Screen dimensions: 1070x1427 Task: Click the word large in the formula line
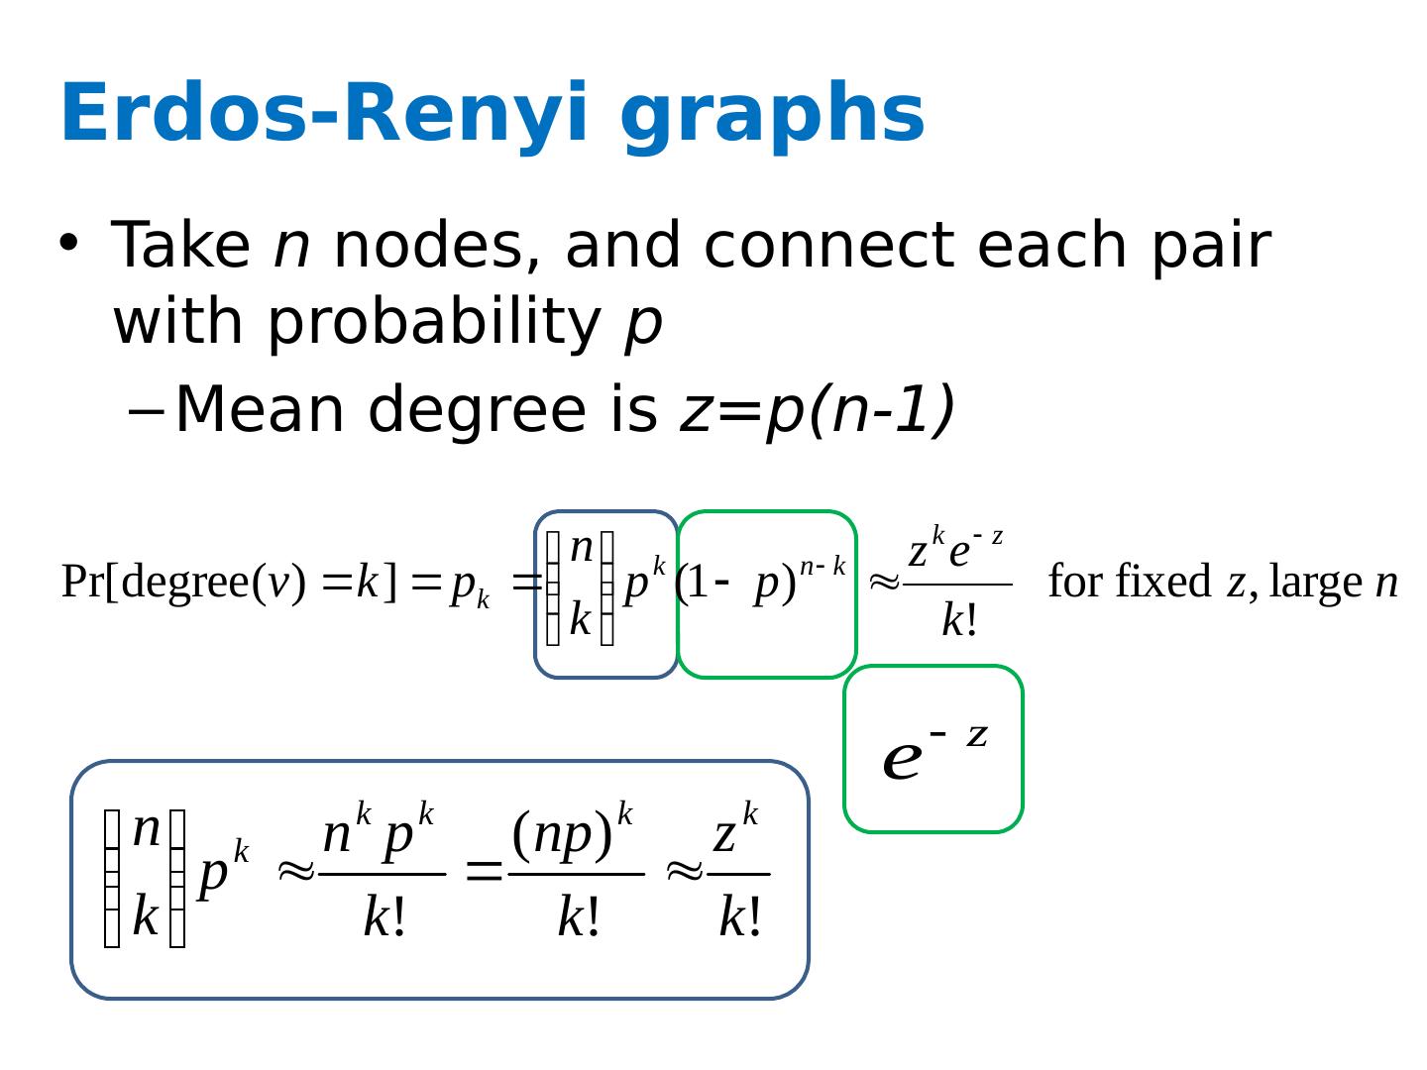pyautogui.click(x=1315, y=582)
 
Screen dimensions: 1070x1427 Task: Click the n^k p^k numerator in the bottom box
pyautogui.click(x=379, y=832)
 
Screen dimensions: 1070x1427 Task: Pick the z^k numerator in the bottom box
pyautogui.click(x=735, y=832)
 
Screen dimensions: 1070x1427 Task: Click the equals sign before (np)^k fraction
pyautogui.click(x=485, y=873)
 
